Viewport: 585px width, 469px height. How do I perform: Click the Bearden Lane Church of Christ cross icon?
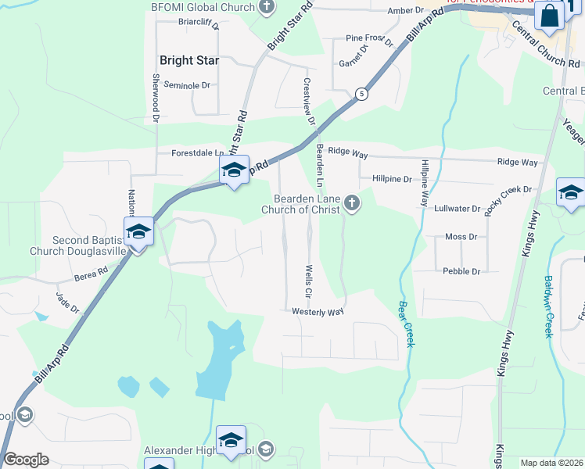point(352,204)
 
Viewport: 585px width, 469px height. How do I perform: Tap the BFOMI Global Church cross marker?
point(267,8)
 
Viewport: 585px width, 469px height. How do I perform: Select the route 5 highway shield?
point(361,94)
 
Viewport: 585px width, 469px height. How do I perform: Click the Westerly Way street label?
point(318,312)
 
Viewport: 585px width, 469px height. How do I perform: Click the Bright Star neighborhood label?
point(188,59)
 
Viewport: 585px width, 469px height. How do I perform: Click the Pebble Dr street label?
point(461,271)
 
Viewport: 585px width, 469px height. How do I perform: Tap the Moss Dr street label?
point(461,236)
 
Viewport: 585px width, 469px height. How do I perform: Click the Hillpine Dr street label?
point(391,179)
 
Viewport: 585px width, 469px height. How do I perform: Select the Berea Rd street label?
point(92,274)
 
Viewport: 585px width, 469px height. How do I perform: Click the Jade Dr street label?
point(67,302)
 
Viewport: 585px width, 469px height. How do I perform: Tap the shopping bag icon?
point(551,16)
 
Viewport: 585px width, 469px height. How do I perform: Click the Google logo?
point(27,460)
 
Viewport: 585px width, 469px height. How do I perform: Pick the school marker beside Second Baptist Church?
point(138,232)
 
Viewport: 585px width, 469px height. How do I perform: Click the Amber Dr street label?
point(404,11)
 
